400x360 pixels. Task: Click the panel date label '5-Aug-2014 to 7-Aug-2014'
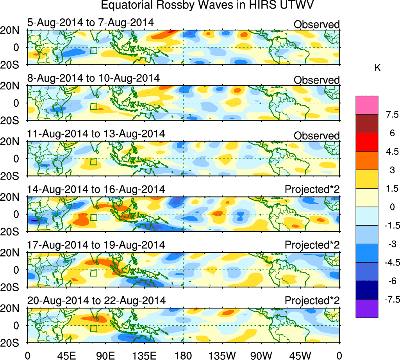[x=91, y=23]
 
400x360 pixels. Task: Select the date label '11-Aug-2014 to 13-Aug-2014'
[x=96, y=134]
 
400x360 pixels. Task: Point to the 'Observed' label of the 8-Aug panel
[x=316, y=80]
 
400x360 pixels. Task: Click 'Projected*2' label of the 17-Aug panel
[x=312, y=245]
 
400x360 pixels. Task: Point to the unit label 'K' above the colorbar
[x=377, y=68]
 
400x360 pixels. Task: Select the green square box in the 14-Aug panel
[x=93, y=217]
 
